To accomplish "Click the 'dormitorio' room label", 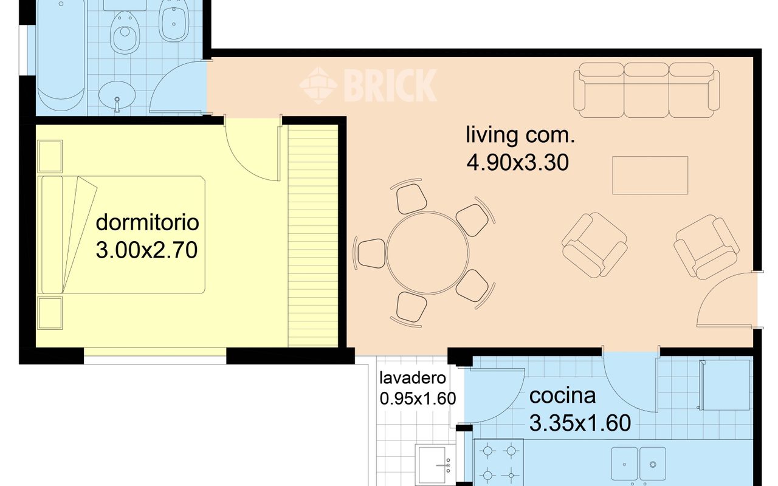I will point(147,222).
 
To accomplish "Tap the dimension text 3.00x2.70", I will point(147,250).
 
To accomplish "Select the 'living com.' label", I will point(520,135).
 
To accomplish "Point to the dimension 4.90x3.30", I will point(518,162).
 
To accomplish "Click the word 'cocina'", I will point(562,396).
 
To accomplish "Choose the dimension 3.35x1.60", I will point(580,423).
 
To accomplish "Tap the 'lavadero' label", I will point(413,378).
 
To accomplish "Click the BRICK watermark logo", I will point(368,85).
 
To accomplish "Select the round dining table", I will point(428,252).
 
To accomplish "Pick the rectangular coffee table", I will point(650,175).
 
